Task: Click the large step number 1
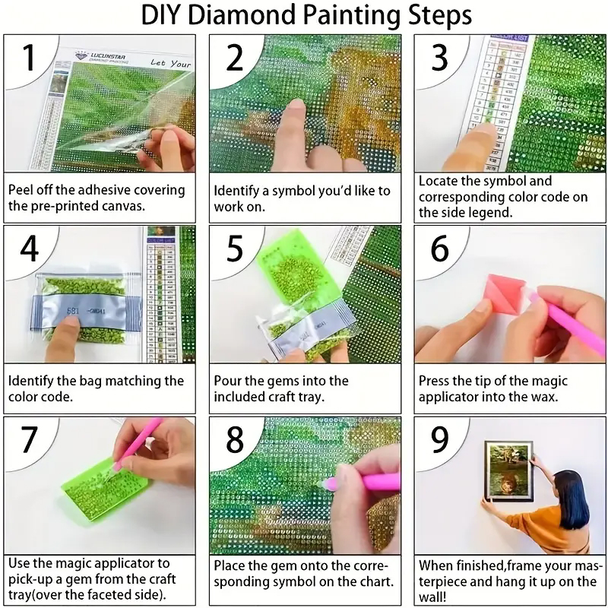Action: (29, 59)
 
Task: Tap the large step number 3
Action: (440, 59)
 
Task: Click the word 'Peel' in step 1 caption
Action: (22, 190)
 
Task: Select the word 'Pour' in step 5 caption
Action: (228, 380)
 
